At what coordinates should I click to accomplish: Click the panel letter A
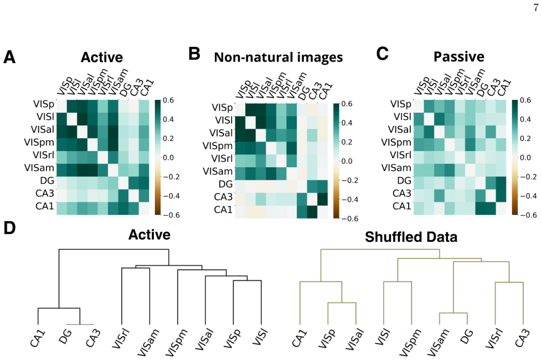click(9, 57)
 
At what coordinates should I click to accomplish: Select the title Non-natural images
click(278, 57)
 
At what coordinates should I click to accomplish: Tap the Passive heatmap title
click(459, 57)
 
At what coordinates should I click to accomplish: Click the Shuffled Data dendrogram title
click(411, 237)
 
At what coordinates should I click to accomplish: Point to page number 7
click(536, 8)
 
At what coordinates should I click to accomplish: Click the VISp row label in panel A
click(44, 104)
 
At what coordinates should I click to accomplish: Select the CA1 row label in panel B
click(223, 210)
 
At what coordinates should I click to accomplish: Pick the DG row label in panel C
click(404, 180)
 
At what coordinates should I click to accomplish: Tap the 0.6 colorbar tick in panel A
click(168, 100)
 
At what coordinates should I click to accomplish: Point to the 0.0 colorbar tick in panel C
click(525, 158)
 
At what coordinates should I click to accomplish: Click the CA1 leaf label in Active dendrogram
click(38, 338)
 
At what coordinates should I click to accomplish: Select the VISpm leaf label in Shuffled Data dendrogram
click(411, 343)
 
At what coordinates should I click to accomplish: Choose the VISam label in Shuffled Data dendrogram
click(438, 343)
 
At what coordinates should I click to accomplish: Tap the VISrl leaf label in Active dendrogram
click(121, 338)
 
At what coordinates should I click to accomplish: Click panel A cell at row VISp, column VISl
click(72, 106)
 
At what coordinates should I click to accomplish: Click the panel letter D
click(9, 228)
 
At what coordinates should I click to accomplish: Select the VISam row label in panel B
click(218, 171)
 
